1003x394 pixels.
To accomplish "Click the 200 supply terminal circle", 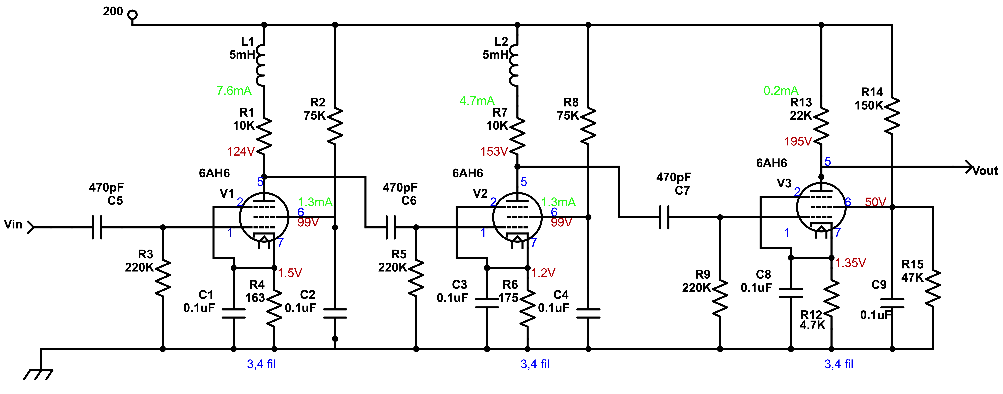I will [x=133, y=15].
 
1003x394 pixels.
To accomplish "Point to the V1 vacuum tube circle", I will [x=264, y=217].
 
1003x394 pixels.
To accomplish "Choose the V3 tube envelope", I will [x=821, y=207].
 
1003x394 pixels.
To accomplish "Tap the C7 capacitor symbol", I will [x=664, y=217].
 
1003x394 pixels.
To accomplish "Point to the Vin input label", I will [x=13, y=225].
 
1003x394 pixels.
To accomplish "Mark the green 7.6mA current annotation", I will [x=234, y=91].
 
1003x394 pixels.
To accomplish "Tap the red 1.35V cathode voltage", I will [x=850, y=263].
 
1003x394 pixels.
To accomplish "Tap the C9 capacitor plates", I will [x=892, y=303].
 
